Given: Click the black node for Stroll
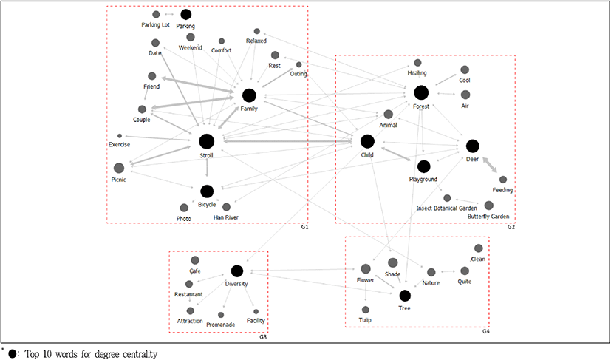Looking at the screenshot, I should point(206,141).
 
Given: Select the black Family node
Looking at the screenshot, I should point(249,95).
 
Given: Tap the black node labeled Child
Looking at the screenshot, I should point(367,141).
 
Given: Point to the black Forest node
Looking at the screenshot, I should point(421,92).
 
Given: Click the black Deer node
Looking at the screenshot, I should point(472,146).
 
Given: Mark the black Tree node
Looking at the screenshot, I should point(404,295).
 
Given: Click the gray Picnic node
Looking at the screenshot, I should point(118,169).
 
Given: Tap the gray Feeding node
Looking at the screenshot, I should point(503,180).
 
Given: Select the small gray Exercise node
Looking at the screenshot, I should point(120,136).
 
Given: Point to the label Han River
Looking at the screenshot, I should point(226,217).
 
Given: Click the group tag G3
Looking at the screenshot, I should point(263,338).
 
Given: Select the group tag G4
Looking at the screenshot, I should point(485,332).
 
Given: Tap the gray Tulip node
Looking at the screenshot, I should point(366,310).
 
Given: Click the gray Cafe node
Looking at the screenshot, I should point(195,260).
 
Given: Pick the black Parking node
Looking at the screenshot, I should point(185,14).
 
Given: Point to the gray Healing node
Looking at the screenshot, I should point(417,63).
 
